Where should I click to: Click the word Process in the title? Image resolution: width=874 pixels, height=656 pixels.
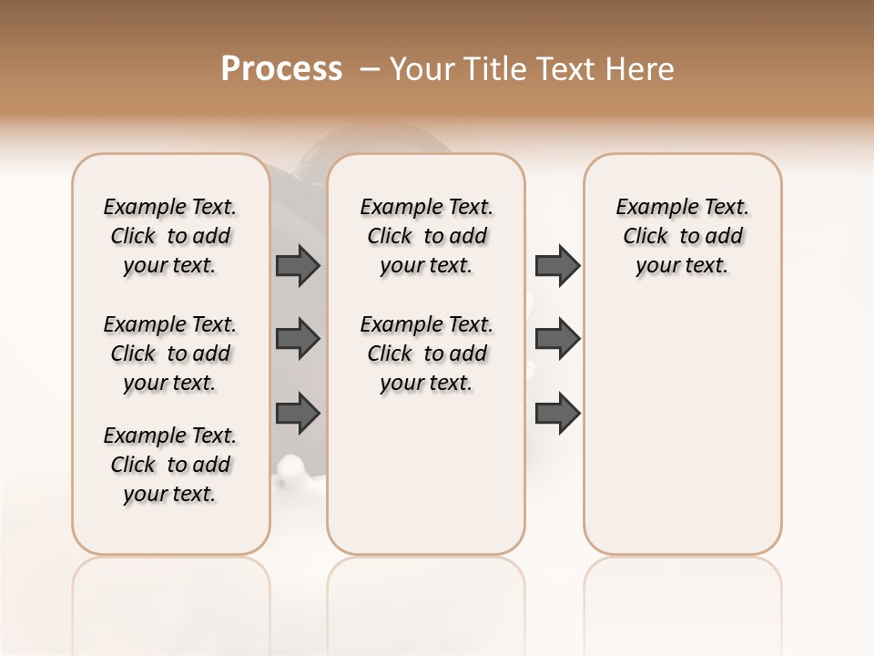pyautogui.click(x=281, y=69)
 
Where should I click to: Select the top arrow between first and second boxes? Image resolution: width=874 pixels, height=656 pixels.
pyautogui.click(x=298, y=265)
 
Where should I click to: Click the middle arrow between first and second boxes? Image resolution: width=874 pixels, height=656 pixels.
pyautogui.click(x=298, y=339)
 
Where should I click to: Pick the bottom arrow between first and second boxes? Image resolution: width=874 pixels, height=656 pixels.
pyautogui.click(x=298, y=413)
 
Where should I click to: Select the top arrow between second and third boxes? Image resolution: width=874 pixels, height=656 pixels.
pyautogui.click(x=557, y=265)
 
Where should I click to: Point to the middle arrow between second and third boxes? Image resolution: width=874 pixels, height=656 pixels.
pyautogui.click(x=557, y=339)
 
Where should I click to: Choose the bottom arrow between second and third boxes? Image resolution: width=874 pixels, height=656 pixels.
pyautogui.click(x=557, y=413)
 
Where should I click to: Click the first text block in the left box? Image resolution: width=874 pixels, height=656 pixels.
pyautogui.click(x=170, y=236)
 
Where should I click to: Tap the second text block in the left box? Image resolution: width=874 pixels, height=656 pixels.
pyautogui.click(x=170, y=354)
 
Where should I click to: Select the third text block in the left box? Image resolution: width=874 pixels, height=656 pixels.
pyautogui.click(x=170, y=465)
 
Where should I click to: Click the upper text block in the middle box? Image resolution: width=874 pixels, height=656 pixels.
pyautogui.click(x=427, y=236)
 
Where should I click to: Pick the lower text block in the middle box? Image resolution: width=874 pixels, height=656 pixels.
pyautogui.click(x=427, y=354)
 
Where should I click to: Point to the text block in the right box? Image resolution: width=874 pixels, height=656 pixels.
pyautogui.click(x=683, y=236)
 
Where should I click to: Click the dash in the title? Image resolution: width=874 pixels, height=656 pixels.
pyautogui.click(x=371, y=69)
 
